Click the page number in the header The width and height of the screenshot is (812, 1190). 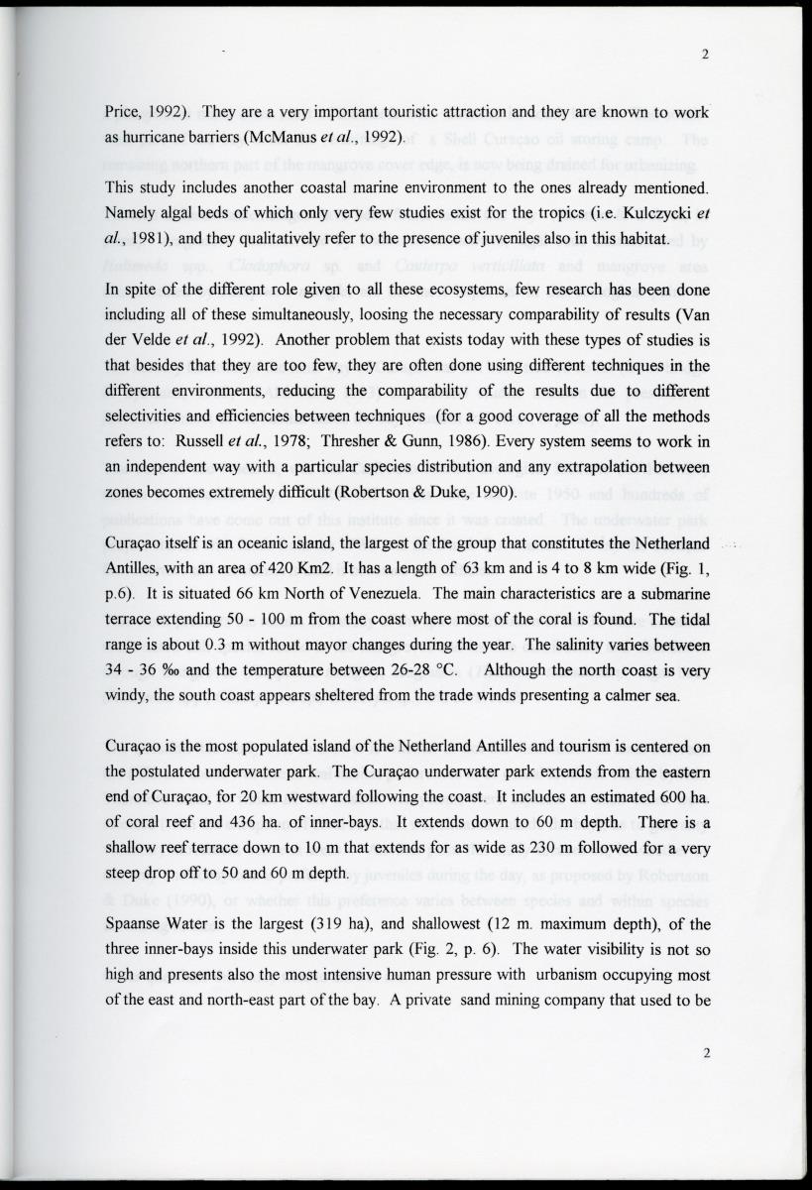pyautogui.click(x=705, y=56)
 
